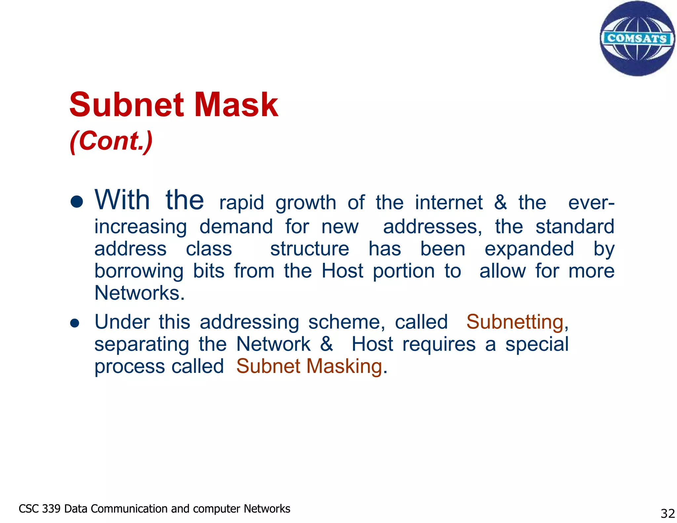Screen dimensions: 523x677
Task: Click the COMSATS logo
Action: click(x=637, y=38)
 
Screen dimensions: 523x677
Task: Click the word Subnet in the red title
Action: click(x=127, y=105)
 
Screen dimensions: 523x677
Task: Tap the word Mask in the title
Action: click(x=236, y=105)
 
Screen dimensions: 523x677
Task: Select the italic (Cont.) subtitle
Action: click(x=111, y=141)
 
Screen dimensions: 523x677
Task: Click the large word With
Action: click(x=122, y=200)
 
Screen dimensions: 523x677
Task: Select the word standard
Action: click(x=575, y=227)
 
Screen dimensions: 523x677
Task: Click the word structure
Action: click(x=309, y=249)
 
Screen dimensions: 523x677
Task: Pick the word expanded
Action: click(x=529, y=249)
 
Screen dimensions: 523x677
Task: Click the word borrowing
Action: click(x=139, y=271)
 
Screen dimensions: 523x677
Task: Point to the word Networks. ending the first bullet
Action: click(x=139, y=293)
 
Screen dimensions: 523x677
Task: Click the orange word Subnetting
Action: click(x=515, y=322)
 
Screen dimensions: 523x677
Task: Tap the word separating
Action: click(x=142, y=344)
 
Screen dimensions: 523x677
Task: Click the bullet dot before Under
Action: click(x=75, y=323)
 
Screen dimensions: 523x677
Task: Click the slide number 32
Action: click(x=667, y=513)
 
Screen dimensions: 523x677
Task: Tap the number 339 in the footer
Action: click(x=51, y=509)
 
